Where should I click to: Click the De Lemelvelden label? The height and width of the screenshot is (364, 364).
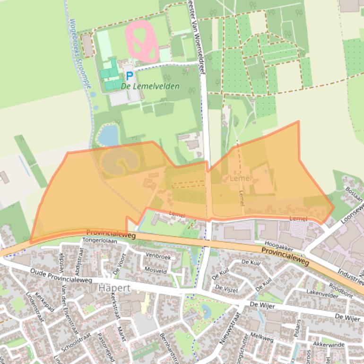point(150,87)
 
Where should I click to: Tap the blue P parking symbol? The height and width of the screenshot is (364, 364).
point(129,76)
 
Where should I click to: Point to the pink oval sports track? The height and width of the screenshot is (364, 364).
point(142,41)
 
